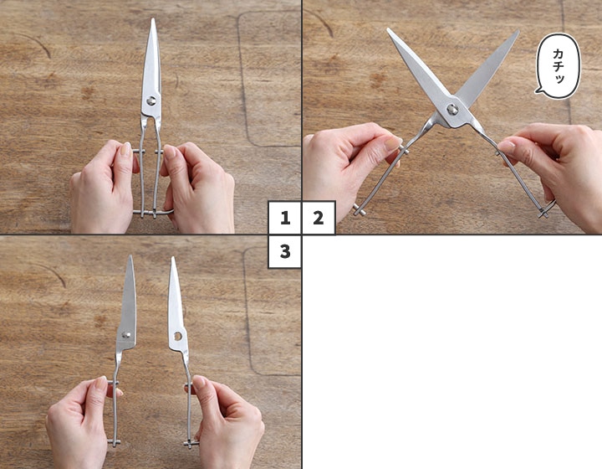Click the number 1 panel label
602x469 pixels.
pos(284,218)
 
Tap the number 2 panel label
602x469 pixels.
pos(319,218)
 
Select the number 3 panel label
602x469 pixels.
pos(284,251)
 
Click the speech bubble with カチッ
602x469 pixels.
pos(558,65)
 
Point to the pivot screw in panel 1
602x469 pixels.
pos(151,100)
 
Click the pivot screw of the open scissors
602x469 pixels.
pos(452,109)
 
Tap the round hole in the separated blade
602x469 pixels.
pos(178,337)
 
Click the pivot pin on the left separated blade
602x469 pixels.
pos(126,334)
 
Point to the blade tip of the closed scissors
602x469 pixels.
pos(153,19)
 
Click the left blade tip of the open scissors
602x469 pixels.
pos(388,29)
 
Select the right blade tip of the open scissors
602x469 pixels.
pos(518,32)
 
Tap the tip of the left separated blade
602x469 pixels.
pos(131,256)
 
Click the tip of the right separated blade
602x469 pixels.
pos(172,258)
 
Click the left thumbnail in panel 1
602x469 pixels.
pos(125,149)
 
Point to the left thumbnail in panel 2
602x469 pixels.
pos(392,143)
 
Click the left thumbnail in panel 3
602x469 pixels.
pos(101,382)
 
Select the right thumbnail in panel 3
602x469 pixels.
pos(199,382)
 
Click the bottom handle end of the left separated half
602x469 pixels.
pos(114,442)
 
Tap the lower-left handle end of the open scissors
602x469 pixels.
pos(360,210)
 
